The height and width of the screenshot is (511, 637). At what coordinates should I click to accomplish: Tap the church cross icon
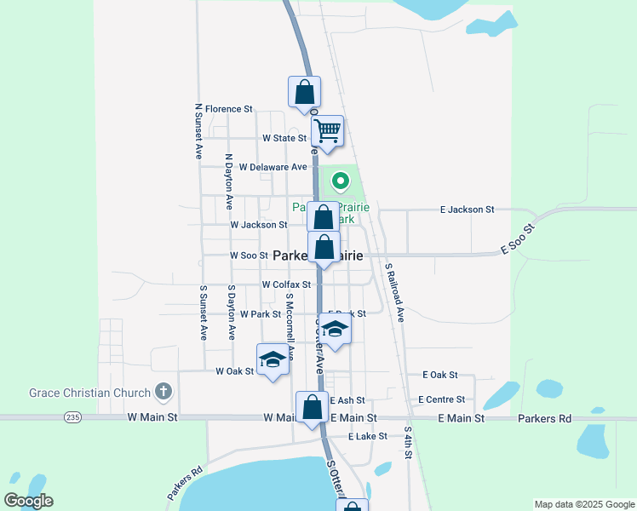(x=164, y=393)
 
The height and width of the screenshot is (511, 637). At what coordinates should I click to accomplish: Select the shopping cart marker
(x=327, y=132)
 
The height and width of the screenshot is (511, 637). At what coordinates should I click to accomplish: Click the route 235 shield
(x=73, y=417)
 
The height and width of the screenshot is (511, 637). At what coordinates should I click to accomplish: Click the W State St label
(x=284, y=138)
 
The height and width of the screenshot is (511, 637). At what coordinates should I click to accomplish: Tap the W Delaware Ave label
(x=273, y=167)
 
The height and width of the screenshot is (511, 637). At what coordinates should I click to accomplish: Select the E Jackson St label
(x=467, y=210)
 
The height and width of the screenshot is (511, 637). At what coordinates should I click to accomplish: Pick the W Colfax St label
(x=285, y=284)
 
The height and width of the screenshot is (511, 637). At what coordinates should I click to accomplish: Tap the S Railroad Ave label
(x=394, y=291)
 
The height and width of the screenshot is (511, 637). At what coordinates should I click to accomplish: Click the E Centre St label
(x=441, y=399)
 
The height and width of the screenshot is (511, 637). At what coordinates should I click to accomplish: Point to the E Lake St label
(x=367, y=436)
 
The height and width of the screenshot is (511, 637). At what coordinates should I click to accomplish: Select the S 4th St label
(x=409, y=443)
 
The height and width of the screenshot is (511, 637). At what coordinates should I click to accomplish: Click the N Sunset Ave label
(x=198, y=132)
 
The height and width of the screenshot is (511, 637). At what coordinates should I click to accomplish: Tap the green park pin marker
(x=341, y=181)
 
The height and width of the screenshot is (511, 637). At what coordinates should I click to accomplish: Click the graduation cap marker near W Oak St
(x=273, y=360)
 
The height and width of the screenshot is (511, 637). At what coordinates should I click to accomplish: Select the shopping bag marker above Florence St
(x=304, y=92)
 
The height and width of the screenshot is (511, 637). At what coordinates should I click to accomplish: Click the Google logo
(x=28, y=501)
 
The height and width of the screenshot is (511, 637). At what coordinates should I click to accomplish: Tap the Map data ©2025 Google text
(x=583, y=504)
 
